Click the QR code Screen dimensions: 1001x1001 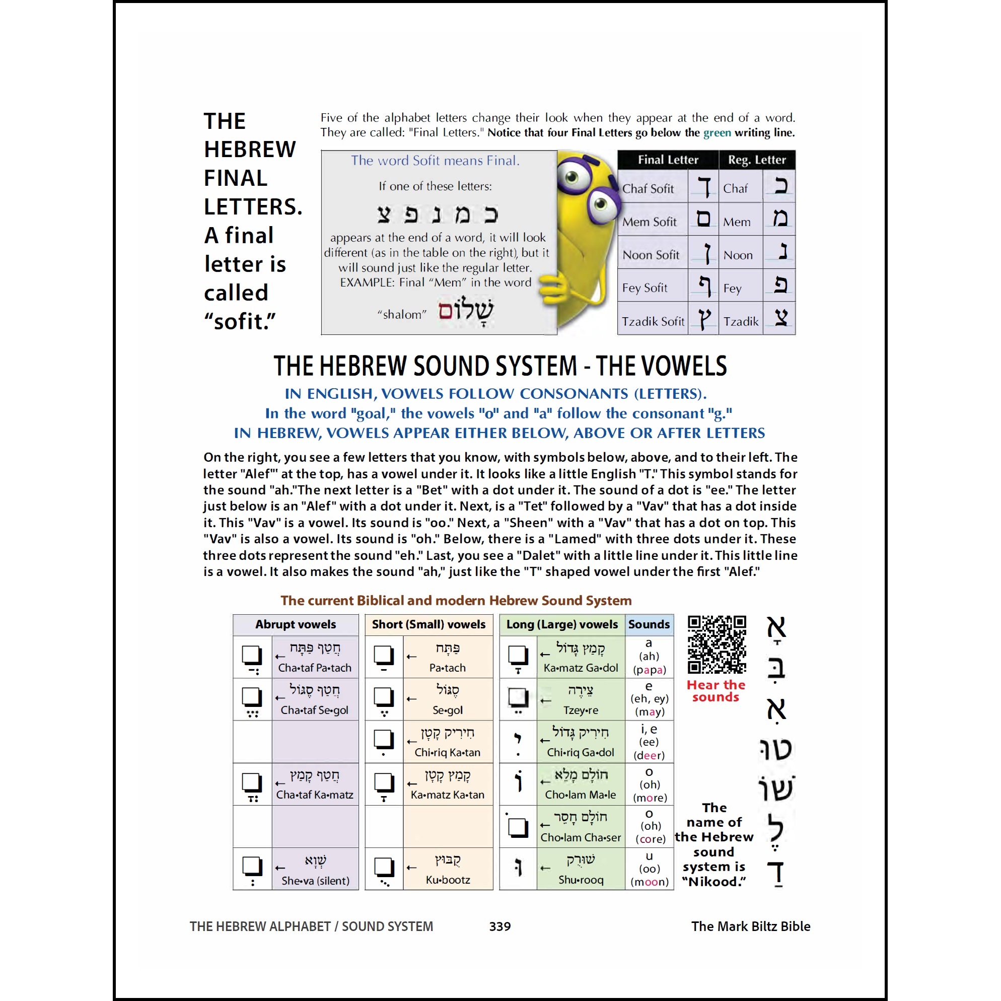pos(717,644)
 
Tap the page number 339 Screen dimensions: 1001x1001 pos(499,926)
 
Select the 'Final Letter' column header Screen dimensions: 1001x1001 pos(667,160)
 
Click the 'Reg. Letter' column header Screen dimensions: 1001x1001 pos(756,160)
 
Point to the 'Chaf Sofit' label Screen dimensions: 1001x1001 pos(648,189)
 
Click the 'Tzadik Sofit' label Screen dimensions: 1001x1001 pos(653,321)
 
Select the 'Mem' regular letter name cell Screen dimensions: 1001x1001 pos(736,222)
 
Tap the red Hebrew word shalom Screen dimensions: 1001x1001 pos(465,310)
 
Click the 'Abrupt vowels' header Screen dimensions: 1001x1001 pos(296,624)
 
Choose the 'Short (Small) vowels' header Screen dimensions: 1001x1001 pos(428,624)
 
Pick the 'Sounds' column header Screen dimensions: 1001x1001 pos(649,624)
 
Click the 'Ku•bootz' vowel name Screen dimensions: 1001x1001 pos(448,880)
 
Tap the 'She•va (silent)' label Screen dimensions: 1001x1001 pos(315,880)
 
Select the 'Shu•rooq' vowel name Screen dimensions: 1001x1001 pos(581,880)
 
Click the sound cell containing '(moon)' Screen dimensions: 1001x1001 pos(649,881)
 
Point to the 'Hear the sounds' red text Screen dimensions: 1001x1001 pos(716,691)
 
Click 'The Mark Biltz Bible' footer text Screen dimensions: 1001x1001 pos(750,926)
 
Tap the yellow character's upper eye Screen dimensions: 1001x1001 pos(572,178)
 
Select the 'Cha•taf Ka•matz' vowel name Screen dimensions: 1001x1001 pos(315,795)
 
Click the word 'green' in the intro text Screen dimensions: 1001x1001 pos(717,132)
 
